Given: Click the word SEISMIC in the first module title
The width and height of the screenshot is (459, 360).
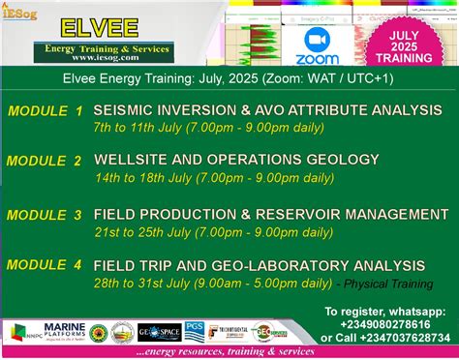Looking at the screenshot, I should coord(126,110).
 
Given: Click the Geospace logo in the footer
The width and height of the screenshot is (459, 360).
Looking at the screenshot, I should coord(159,333).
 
